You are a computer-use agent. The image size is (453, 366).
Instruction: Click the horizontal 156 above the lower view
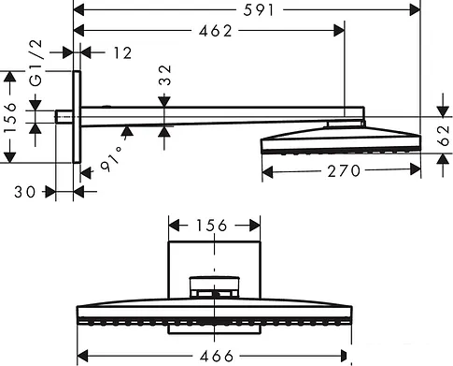tap(214, 226)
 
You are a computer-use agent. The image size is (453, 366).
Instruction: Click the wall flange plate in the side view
tap(76, 117)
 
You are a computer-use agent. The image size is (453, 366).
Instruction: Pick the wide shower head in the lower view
tap(215, 313)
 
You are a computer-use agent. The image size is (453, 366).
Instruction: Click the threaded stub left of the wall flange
tap(63, 117)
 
